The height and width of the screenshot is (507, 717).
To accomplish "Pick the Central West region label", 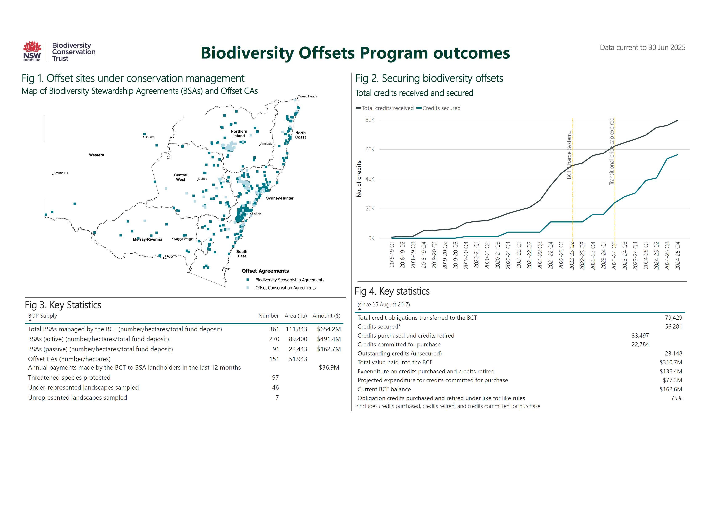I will (181, 177).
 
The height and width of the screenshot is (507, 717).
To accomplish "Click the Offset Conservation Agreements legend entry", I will (285, 288).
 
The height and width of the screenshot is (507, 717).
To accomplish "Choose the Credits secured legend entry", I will (441, 108).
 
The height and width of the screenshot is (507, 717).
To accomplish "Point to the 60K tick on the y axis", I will (370, 149).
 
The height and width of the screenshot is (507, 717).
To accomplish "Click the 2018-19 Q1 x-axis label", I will (392, 254).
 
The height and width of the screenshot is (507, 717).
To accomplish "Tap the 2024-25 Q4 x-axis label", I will (677, 255).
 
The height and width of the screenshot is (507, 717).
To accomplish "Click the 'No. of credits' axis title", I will (359, 179).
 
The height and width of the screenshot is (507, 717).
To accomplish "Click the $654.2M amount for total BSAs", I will (329, 329).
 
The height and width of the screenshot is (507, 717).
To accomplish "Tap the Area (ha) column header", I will (295, 315).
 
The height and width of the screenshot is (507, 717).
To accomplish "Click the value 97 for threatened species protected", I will (275, 377).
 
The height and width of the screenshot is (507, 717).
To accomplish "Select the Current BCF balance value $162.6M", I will (670, 389).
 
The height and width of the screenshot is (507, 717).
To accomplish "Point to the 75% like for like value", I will (676, 398).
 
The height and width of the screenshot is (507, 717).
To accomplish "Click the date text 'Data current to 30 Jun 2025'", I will (642, 48).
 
